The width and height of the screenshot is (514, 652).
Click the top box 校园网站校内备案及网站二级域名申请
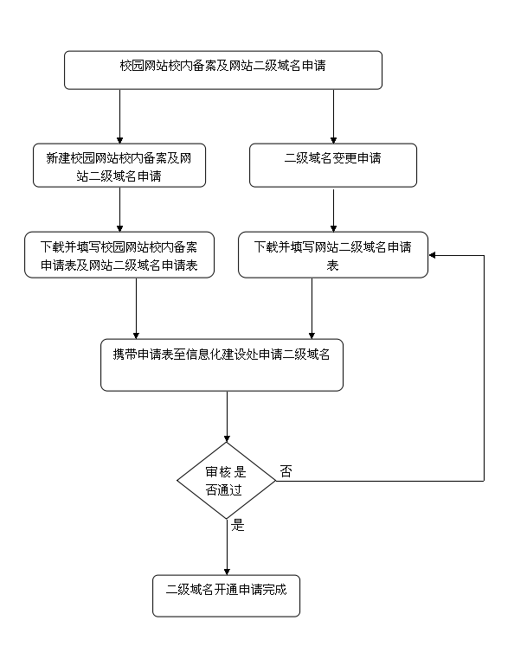tap(223, 70)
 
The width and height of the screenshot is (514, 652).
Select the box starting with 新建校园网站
tap(119, 165)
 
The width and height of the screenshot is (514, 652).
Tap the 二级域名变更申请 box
tap(333, 165)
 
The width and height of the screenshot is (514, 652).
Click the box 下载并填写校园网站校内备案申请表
tap(119, 255)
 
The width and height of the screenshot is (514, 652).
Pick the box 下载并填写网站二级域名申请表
tap(333, 255)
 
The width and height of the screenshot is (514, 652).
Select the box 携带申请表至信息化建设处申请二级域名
tap(222, 365)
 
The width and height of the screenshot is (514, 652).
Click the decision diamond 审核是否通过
tap(227, 481)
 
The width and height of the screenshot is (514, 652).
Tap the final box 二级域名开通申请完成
tap(226, 596)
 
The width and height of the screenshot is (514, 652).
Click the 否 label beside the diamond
tap(286, 471)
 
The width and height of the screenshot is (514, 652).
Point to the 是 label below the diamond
tap(238, 525)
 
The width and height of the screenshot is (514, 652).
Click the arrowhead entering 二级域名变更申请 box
tap(333, 140)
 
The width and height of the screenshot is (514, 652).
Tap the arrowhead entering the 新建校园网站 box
tap(120, 140)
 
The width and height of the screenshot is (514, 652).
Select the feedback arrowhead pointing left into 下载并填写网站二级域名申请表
tap(432, 255)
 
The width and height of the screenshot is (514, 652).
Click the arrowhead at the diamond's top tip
tap(227, 438)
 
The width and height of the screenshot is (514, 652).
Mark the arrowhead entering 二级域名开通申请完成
tap(227, 572)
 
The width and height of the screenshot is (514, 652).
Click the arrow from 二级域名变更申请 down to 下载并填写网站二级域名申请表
tap(333, 209)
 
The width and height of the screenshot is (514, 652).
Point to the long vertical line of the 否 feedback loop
tap(484, 368)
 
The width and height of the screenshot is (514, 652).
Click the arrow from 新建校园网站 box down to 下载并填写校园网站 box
tap(120, 209)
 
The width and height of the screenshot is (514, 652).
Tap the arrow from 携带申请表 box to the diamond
tap(227, 417)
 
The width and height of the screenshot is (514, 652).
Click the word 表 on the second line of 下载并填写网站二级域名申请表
tap(332, 265)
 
